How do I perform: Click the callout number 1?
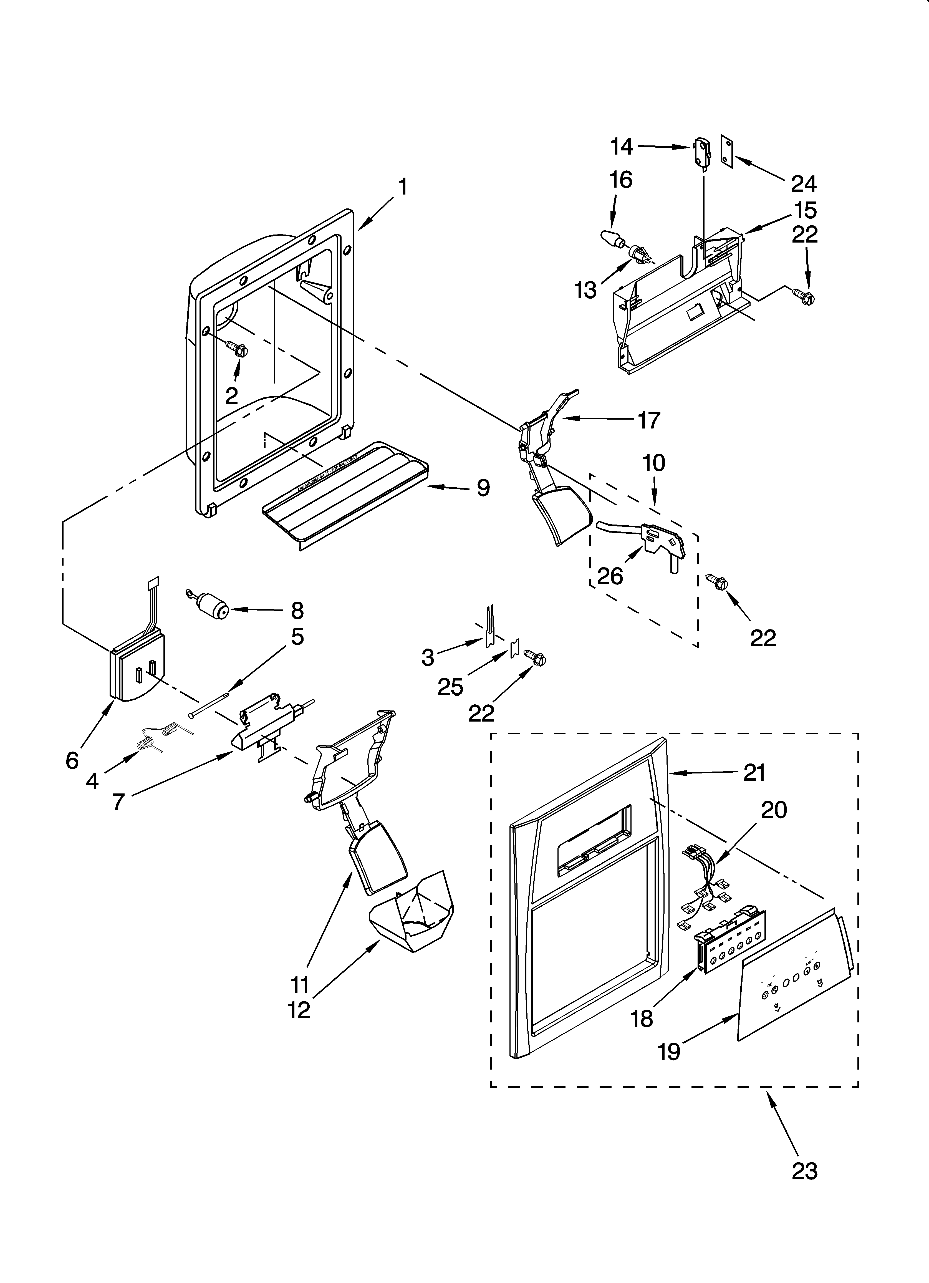click(402, 187)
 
